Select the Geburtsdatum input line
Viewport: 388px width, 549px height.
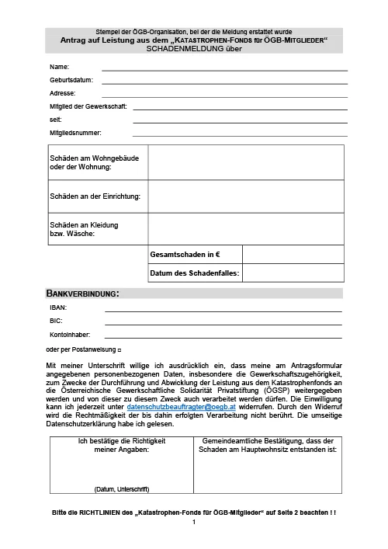pos(224,81)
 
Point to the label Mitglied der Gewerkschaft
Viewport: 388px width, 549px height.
pos(88,106)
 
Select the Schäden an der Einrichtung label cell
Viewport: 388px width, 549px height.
pos(95,196)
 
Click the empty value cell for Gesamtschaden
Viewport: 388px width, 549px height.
pos(293,255)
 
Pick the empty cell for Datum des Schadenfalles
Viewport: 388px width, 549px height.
pos(293,273)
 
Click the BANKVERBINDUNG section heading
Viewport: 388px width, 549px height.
pos(82,294)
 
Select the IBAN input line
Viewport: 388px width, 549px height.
pos(223,310)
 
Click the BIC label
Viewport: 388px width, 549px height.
pos(55,321)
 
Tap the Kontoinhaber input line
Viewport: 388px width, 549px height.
pos(223,336)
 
